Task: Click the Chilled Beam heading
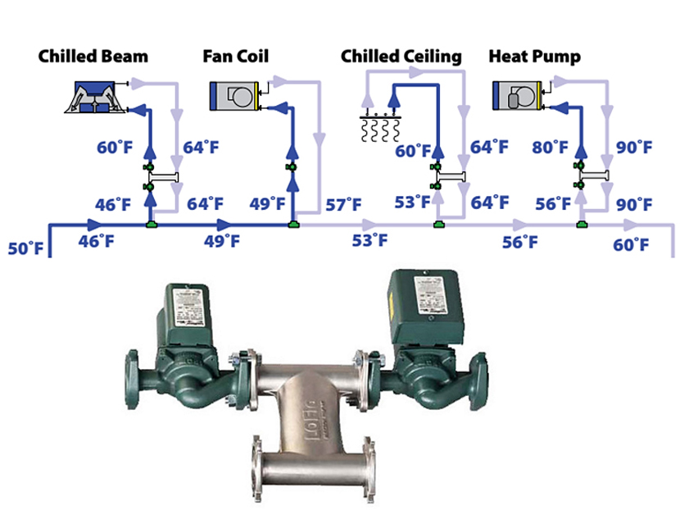point(93,57)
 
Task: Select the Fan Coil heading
point(236,57)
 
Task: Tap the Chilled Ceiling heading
point(401,57)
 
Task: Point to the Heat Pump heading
point(534,57)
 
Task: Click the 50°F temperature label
point(25,248)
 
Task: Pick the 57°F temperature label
point(342,203)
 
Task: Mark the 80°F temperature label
point(550,148)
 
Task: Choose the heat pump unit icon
point(517,95)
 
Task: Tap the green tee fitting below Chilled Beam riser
point(150,222)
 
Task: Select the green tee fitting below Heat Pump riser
point(582,222)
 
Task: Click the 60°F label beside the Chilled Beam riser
point(114,148)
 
